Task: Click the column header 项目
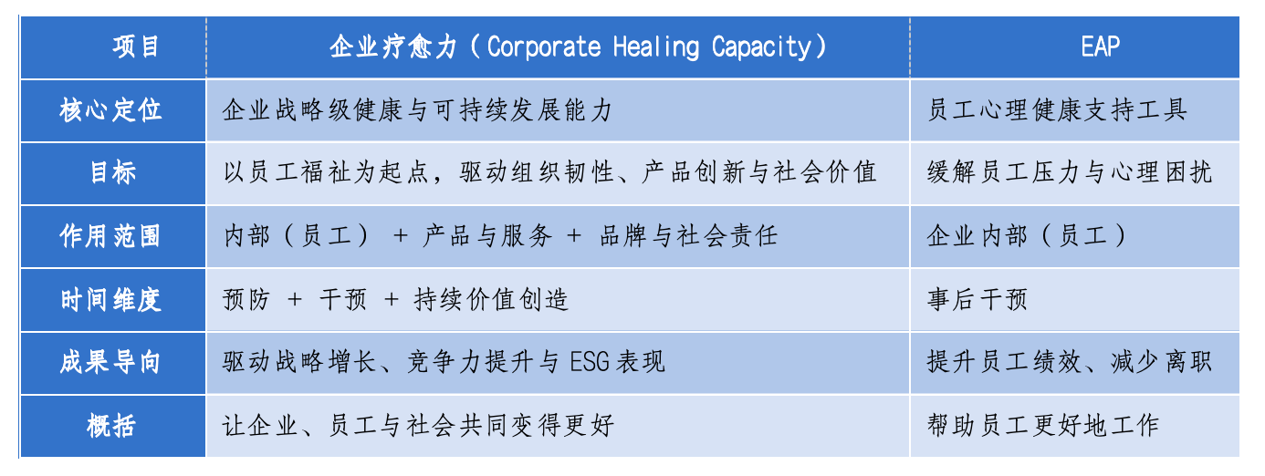135,47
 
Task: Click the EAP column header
1100,47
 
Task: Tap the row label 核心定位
110,110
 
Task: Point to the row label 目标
113,172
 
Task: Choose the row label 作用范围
110,236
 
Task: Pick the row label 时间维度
110,299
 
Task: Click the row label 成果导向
110,362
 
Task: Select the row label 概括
111,426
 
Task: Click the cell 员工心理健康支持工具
1057,110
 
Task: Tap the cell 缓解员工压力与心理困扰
1070,172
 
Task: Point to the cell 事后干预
977,299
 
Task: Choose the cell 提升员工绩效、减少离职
1070,362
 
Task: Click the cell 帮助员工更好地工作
1043,426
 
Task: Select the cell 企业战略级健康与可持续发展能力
417,110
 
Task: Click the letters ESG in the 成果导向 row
589,362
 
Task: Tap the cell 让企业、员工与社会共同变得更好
418,426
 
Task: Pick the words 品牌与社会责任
688,236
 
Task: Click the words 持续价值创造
491,299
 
